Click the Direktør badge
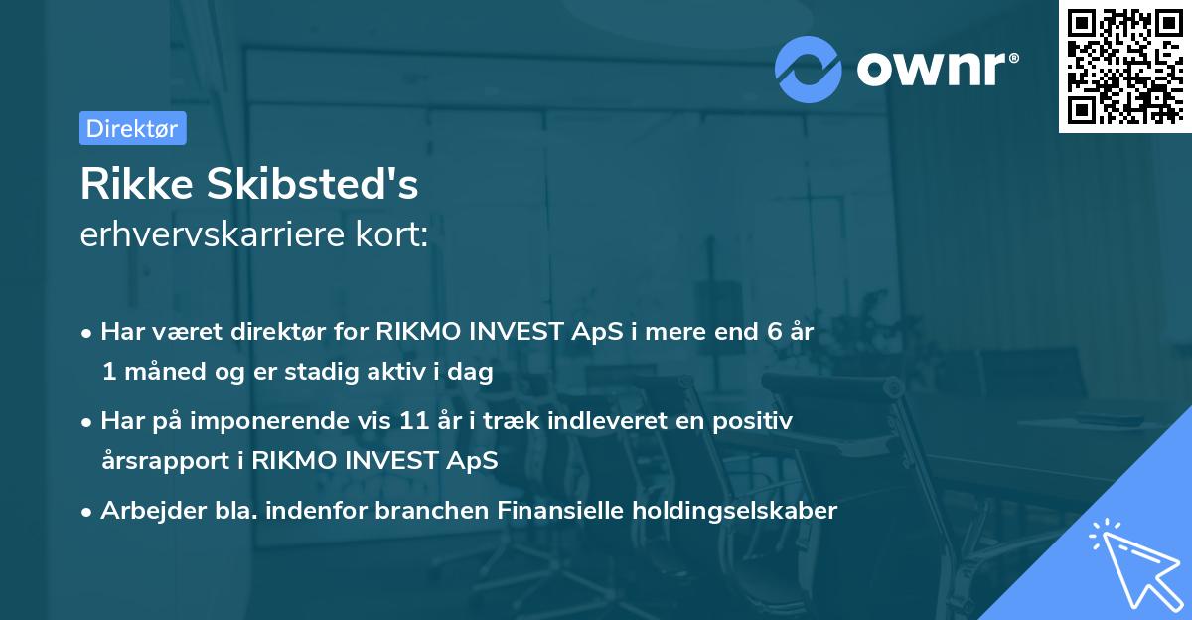tap(132, 128)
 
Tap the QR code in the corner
tap(1124, 67)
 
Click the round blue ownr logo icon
tap(809, 69)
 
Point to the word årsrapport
tap(155, 461)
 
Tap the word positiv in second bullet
tap(757, 421)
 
